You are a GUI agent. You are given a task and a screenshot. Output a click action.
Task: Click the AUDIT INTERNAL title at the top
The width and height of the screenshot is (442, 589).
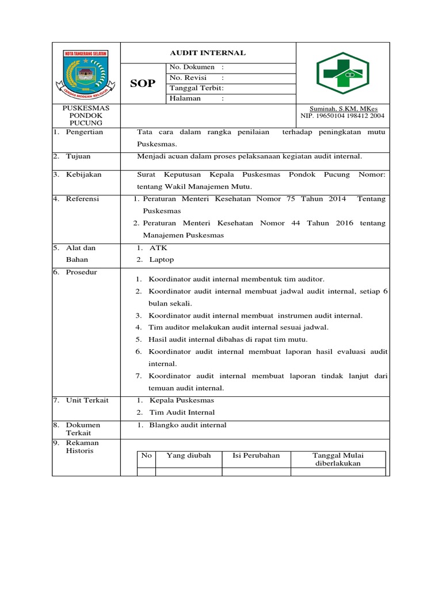pos(208,53)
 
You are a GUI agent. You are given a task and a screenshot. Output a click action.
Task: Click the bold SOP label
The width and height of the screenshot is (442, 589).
pos(143,83)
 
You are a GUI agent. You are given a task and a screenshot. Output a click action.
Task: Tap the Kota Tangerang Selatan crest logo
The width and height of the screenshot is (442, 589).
pos(86,74)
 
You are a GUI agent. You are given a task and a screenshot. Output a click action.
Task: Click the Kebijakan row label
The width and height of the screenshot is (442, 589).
pos(83,174)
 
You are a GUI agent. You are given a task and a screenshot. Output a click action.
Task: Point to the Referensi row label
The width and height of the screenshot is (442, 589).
pos(83,199)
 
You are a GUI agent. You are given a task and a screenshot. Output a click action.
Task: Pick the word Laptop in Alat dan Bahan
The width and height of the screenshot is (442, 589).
pos(162,260)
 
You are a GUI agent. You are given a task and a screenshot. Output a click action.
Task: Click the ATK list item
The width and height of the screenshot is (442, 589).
pos(158,248)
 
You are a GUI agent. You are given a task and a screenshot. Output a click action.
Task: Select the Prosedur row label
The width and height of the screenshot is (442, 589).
pos(82,273)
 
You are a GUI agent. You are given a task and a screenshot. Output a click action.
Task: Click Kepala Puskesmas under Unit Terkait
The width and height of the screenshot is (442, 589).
pos(181,400)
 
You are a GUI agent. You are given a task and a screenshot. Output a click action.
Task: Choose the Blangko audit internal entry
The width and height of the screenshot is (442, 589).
pos(188,425)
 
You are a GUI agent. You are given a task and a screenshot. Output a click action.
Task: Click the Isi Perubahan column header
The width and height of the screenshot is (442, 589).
pos(256,456)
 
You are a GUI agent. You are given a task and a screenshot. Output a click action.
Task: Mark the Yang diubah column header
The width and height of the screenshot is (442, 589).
pos(189,456)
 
